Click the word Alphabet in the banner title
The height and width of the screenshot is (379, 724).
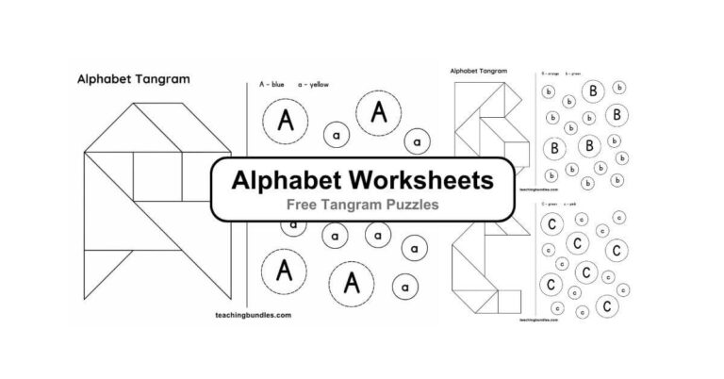point(288,178)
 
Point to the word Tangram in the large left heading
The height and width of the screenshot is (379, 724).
point(154,81)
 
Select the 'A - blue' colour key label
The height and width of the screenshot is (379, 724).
point(271,84)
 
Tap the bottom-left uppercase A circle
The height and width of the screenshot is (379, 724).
point(283,272)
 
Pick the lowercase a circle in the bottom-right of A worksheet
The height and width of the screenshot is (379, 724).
point(404,286)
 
